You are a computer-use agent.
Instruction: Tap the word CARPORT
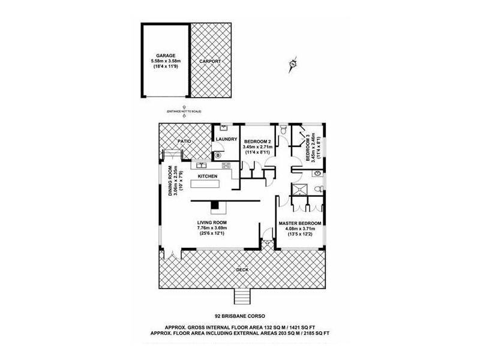pos(210,61)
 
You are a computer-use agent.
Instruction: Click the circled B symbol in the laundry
pos(218,155)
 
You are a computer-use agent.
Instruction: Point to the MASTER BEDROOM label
pos(299,224)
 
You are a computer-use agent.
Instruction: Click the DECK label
pos(242,270)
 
